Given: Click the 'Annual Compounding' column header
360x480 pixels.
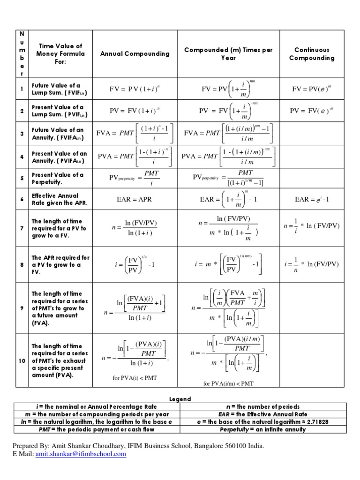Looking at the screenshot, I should click(x=135, y=54).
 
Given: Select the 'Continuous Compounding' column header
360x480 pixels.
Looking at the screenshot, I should click(x=312, y=54).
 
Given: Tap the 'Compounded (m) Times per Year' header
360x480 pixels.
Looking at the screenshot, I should click(x=228, y=54).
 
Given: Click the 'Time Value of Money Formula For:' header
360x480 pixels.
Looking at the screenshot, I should click(x=60, y=54).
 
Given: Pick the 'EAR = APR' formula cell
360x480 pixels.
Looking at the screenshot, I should click(x=135, y=199).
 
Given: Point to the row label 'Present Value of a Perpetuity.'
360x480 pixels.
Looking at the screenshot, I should click(x=58, y=178).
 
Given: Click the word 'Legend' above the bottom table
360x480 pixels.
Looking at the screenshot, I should click(x=180, y=399).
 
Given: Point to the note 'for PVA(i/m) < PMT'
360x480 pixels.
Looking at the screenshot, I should click(x=228, y=383).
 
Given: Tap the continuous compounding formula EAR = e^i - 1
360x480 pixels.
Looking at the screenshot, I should click(x=312, y=199).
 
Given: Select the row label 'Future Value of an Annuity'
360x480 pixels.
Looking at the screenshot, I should click(x=60, y=134).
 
